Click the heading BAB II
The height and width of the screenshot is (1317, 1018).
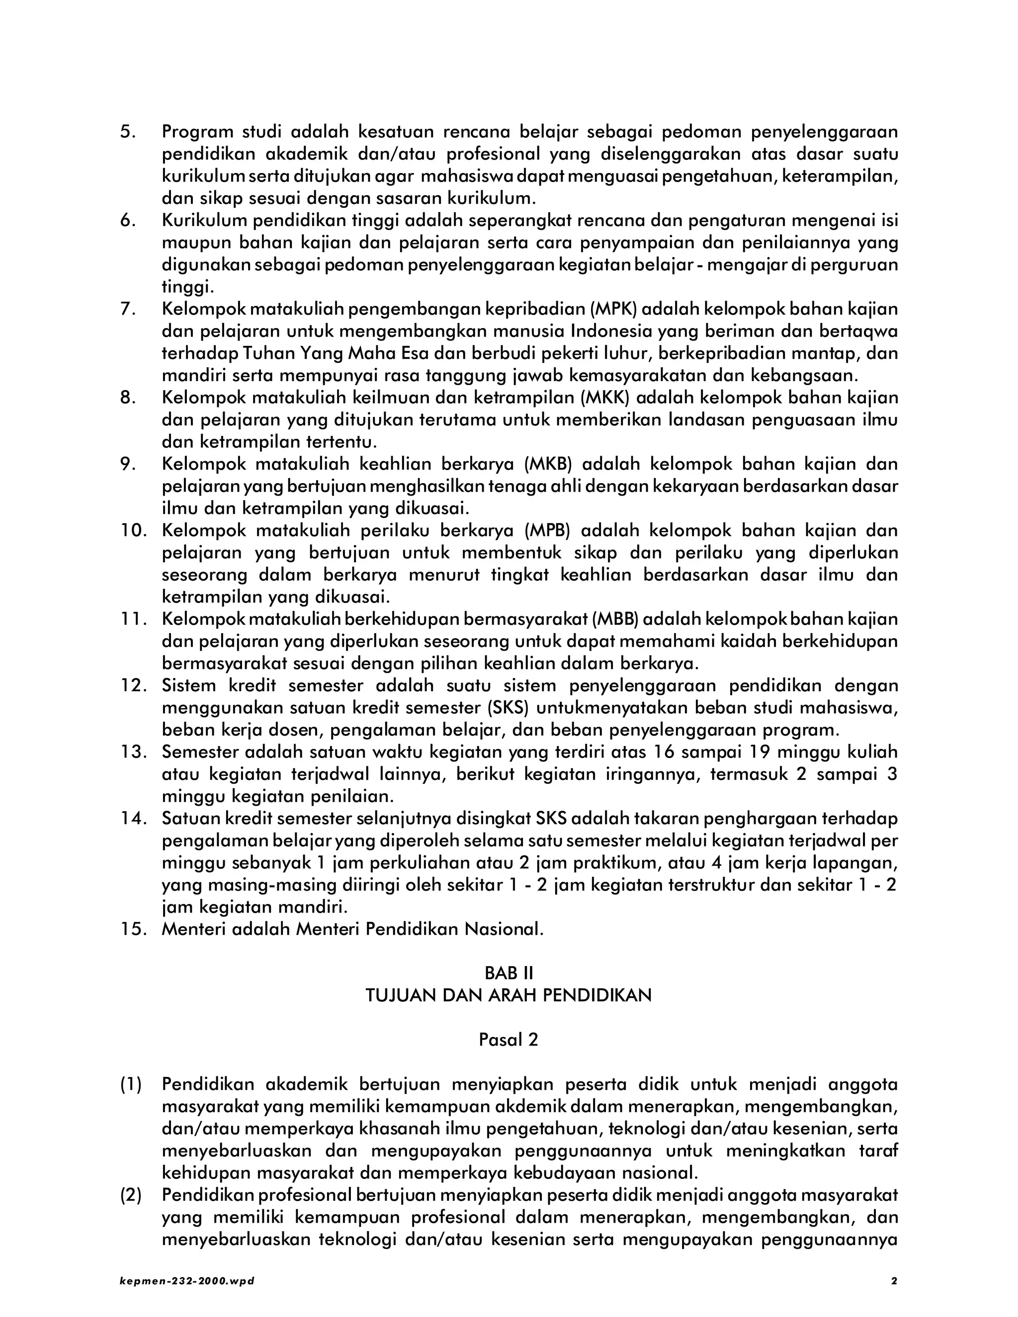pos(509,973)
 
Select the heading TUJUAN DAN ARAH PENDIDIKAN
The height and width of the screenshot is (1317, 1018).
pos(509,995)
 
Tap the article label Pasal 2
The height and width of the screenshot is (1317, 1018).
pos(509,1040)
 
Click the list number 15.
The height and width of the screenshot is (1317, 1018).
pos(134,929)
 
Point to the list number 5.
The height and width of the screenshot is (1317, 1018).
pos(128,132)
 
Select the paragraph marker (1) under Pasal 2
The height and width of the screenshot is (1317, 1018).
pos(131,1085)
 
